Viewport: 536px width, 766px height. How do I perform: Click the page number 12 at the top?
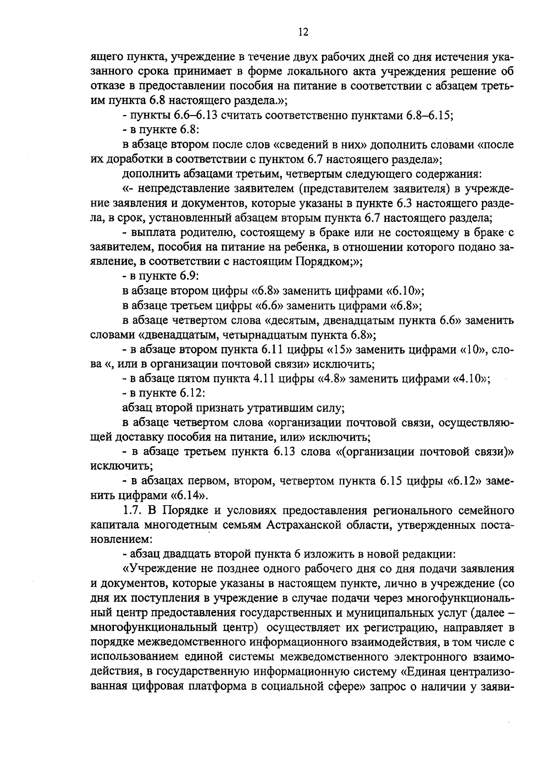(302, 32)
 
